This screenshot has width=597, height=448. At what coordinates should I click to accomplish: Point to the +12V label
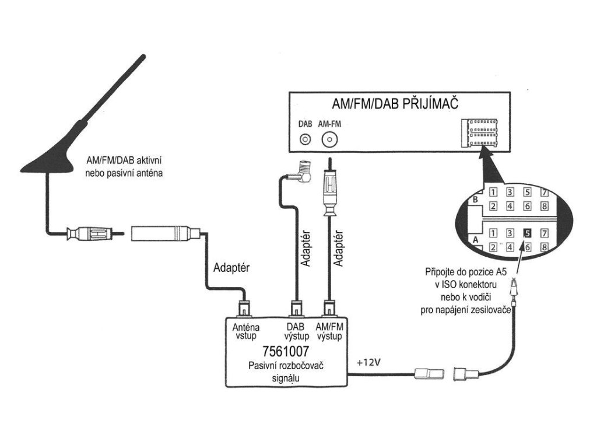click(368, 362)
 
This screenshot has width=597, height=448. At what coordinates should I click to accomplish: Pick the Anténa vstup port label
click(246, 332)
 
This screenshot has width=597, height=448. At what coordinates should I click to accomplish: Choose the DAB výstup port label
click(296, 332)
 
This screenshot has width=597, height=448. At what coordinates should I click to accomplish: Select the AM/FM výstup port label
click(330, 332)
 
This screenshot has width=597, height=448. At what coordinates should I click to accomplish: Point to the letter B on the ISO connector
click(475, 200)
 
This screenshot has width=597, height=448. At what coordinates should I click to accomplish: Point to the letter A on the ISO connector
click(475, 239)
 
